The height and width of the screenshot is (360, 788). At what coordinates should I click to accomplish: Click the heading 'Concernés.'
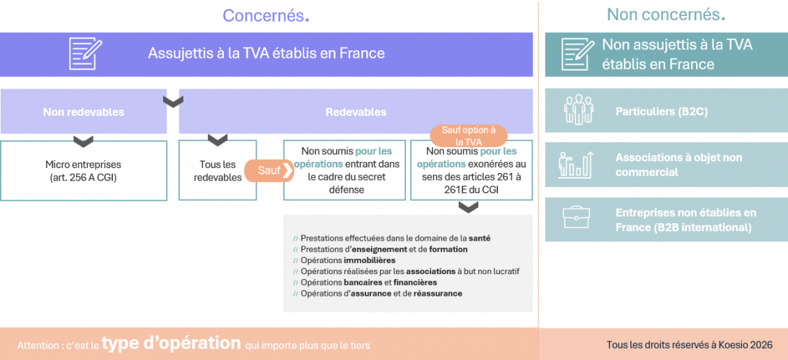pos(266,15)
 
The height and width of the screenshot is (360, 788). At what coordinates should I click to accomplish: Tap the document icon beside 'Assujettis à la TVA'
pos(85,54)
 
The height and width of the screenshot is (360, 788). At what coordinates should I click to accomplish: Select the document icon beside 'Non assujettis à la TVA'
pos(577,54)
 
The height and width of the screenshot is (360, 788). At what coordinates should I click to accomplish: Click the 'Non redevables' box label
pos(84,112)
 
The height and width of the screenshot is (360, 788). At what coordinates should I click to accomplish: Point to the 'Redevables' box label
pos(356,112)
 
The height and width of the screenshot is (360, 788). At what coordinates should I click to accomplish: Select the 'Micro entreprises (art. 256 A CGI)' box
pos(84,170)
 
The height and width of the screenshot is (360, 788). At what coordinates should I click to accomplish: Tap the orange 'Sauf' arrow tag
pos(269,170)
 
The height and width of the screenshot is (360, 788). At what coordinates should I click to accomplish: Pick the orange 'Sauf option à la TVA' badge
pos(469,136)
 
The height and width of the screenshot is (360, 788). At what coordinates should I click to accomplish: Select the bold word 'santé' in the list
pos(479,238)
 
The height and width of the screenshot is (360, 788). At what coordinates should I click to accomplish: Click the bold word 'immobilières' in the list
pos(370,260)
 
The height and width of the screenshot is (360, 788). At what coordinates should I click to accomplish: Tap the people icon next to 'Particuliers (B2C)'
pos(577,111)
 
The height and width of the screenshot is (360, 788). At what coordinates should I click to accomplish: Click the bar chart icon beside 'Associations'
pos(576,165)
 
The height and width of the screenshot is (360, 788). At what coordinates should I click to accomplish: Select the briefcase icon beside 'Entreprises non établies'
pos(576,219)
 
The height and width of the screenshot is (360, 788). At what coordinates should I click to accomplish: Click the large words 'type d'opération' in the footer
pos(171,343)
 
